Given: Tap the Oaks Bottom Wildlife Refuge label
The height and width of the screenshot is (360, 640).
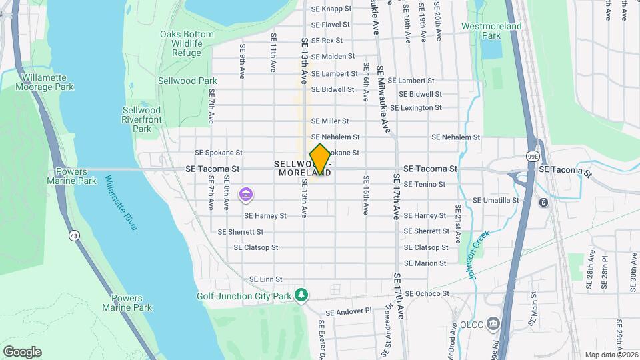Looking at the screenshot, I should click(186, 43).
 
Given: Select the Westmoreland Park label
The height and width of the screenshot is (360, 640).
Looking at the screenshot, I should click(491, 31).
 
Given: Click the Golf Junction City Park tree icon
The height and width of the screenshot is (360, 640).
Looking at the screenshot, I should click(302, 295).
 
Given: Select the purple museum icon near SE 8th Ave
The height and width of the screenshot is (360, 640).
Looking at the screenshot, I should click(247, 195).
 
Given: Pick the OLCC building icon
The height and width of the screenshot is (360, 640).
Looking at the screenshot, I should click(493, 325).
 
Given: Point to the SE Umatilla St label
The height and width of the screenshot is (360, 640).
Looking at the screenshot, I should click(495, 200).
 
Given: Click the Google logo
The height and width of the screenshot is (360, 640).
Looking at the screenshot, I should click(22, 351).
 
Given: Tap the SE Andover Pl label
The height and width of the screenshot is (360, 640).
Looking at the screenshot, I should click(348, 311).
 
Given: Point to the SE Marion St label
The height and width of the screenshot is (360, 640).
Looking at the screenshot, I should click(425, 263).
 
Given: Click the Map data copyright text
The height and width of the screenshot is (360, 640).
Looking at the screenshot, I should click(611, 355).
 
